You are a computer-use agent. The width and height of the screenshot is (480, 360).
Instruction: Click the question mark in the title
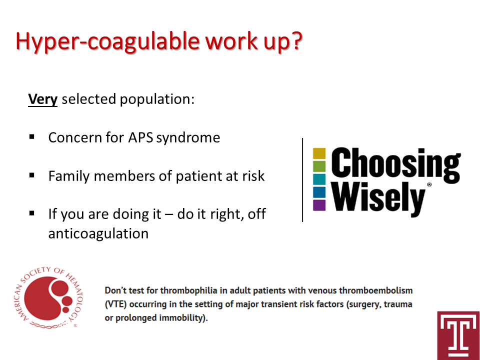click(x=295, y=40)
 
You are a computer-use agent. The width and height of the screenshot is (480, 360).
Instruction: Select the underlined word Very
click(x=42, y=99)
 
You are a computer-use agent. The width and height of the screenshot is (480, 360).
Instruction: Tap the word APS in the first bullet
click(x=140, y=137)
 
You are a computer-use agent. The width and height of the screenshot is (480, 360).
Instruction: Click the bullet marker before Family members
click(x=32, y=175)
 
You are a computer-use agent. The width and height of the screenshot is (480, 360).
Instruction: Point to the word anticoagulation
click(x=98, y=233)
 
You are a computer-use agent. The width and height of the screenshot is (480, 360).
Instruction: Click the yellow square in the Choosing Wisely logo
click(x=319, y=153)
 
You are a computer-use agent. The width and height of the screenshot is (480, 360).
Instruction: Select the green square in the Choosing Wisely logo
click(x=319, y=166)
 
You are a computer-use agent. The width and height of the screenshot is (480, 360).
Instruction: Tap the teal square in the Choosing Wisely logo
click(x=319, y=179)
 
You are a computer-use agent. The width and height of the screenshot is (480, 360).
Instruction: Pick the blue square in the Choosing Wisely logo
click(x=319, y=192)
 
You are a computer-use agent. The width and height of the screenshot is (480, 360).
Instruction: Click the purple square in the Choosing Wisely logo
click(x=319, y=205)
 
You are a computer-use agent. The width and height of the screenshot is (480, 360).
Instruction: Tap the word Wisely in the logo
click(x=379, y=198)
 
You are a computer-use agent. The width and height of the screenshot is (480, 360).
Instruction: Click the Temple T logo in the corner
click(x=458, y=335)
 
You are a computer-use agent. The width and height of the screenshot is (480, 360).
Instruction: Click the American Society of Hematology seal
click(x=49, y=297)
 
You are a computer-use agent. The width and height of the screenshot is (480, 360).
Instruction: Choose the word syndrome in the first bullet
click(x=188, y=138)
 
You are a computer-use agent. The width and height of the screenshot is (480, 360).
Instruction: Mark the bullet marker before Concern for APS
click(x=32, y=137)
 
